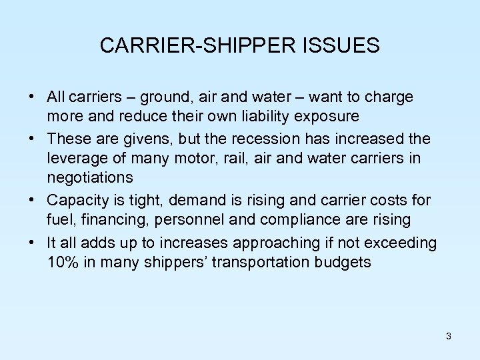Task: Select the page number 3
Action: click(449, 336)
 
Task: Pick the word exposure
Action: click(326, 117)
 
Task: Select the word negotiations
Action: click(90, 178)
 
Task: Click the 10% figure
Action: click(63, 261)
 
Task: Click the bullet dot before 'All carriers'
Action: click(32, 97)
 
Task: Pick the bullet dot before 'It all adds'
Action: click(32, 242)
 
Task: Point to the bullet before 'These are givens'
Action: click(32, 139)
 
